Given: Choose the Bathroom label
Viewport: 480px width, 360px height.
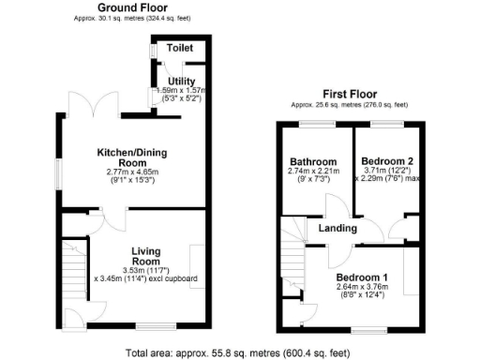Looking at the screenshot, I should [312, 160].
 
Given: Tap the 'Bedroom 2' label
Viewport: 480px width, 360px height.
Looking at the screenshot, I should [386, 160].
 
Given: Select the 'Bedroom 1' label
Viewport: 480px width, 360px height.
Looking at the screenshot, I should [364, 277].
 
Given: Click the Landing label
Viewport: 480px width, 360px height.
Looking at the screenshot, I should [337, 228].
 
